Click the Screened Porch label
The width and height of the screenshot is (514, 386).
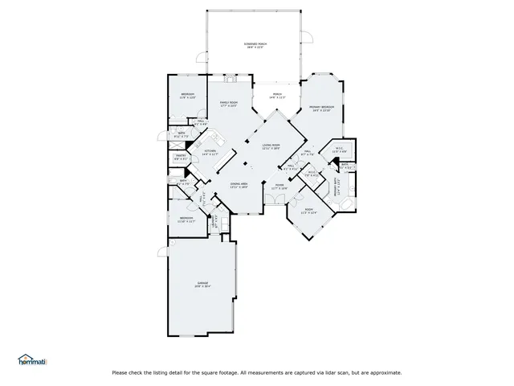pyautogui.click(x=255, y=45)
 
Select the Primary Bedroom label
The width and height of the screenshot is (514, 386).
pyautogui.click(x=321, y=108)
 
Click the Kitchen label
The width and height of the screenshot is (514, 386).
pyautogui.click(x=210, y=152)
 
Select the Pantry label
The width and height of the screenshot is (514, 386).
pyautogui.click(x=182, y=158)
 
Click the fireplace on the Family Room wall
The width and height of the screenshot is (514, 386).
pyautogui.click(x=231, y=80)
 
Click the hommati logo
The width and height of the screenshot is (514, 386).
pyautogui.click(x=32, y=360)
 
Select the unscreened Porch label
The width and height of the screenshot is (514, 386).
pyautogui.click(x=276, y=96)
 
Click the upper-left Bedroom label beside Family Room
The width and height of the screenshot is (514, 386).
pyautogui.click(x=187, y=96)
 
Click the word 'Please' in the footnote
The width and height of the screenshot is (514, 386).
pyautogui.click(x=120, y=372)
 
